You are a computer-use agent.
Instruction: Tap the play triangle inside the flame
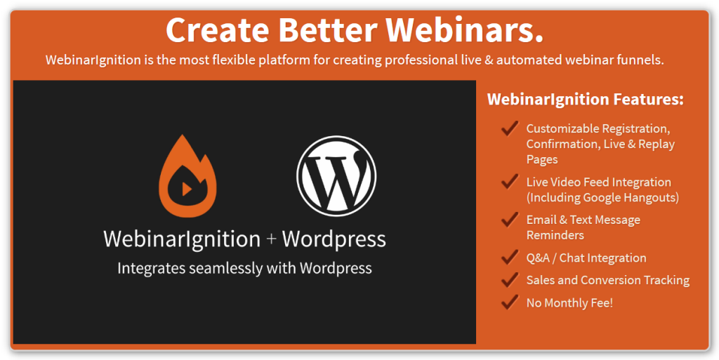pyautogui.click(x=187, y=188)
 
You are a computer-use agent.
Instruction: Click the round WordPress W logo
pyautogui.click(x=336, y=176)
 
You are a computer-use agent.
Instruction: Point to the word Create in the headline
pyautogui.click(x=218, y=31)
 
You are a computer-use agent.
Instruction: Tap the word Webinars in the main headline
pyautogui.click(x=463, y=31)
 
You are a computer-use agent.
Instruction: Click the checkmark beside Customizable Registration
pyautogui.click(x=510, y=128)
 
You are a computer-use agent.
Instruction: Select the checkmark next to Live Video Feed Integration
pyautogui.click(x=510, y=181)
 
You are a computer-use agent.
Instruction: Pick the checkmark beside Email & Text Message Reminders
pyautogui.click(x=510, y=220)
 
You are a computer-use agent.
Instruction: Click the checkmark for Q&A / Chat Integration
pyautogui.click(x=510, y=258)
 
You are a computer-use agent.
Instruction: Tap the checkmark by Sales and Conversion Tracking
pyautogui.click(x=510, y=279)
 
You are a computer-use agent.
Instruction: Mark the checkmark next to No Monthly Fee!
pyautogui.click(x=510, y=302)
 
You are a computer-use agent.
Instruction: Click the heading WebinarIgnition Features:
pyautogui.click(x=586, y=100)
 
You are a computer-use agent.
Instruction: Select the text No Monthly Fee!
pyautogui.click(x=569, y=302)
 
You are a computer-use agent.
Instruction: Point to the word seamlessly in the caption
pyautogui.click(x=220, y=268)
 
